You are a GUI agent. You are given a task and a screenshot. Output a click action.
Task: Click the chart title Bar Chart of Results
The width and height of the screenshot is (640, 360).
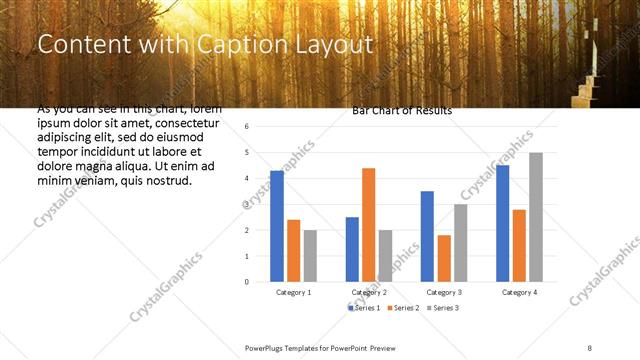point(402,111)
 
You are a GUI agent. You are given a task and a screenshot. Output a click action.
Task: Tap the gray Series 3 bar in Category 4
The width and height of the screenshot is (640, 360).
point(536,217)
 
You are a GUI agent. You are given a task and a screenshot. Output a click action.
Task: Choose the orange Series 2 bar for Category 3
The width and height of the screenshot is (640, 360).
point(443,258)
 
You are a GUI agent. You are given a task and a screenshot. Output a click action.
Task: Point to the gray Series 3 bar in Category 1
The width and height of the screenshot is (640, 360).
point(310,256)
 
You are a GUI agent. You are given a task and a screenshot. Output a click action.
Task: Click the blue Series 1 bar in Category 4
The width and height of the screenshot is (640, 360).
point(503,223)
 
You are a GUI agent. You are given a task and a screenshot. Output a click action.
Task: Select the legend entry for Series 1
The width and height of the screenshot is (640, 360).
point(366,309)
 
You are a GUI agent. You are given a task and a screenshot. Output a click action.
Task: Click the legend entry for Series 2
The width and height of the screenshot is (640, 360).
point(403,309)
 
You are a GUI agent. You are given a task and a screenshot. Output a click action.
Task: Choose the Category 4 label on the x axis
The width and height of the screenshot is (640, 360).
point(519,292)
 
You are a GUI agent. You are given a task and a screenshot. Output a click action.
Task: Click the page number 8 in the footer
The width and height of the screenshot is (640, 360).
point(589,346)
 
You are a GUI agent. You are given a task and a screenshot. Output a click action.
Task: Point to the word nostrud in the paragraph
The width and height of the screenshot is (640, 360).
point(167,181)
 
